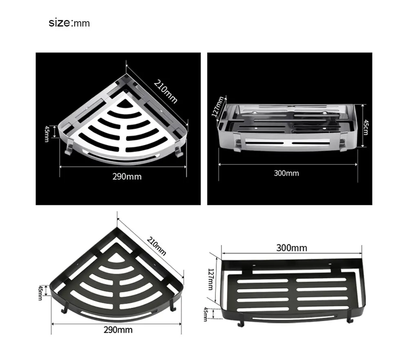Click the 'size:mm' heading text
[69, 23]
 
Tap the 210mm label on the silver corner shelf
[166, 91]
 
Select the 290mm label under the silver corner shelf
[127, 176]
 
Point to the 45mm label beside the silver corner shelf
[47, 134]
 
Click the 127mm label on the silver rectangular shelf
[217, 107]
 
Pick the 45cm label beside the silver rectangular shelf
[366, 127]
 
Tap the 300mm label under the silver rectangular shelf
[286, 173]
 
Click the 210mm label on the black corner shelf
[156, 246]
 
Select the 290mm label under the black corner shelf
[118, 330]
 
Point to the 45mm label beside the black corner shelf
[40, 293]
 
